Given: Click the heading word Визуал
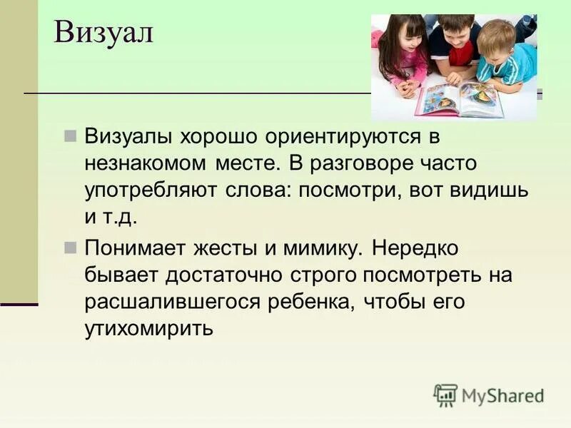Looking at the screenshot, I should [103, 33].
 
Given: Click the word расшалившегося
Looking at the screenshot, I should [172, 302].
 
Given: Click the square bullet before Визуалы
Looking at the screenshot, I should [70, 136].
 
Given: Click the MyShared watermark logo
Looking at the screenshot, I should [490, 394].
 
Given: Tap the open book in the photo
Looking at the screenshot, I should [459, 99].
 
